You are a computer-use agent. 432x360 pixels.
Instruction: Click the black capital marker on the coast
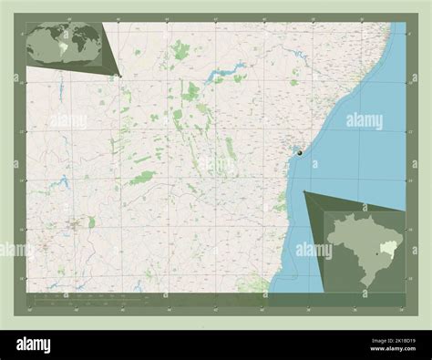(x=300, y=155)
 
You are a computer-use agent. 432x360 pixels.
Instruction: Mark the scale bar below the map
(x=82, y=297)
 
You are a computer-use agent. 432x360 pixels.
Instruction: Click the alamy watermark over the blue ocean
(x=364, y=121)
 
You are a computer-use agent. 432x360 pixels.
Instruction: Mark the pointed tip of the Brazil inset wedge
(x=303, y=191)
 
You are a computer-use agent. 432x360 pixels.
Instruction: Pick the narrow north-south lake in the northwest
(x=59, y=91)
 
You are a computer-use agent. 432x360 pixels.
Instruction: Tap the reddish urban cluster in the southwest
(x=73, y=221)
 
